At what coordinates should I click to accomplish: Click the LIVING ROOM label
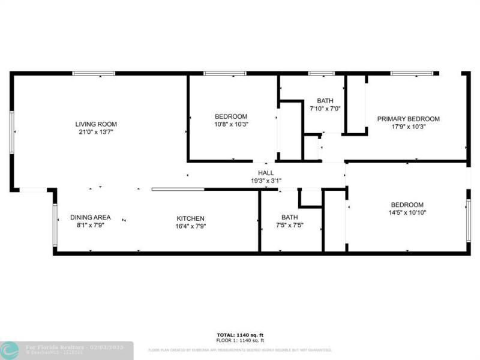coord(96,124)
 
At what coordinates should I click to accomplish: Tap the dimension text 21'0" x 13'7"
coord(96,132)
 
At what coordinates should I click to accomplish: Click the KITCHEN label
coord(190,218)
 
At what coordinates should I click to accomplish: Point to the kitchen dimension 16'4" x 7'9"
coord(190,226)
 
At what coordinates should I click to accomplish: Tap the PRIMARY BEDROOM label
coord(408,119)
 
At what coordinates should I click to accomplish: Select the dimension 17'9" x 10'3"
coord(408,127)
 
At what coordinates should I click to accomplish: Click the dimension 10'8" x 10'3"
coord(231,124)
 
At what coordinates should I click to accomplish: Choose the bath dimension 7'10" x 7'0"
coord(325,109)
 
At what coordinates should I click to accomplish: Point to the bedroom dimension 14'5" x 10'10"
coord(407,212)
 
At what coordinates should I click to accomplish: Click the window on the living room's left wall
coord(11,132)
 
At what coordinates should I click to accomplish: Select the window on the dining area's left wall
coord(55,225)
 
